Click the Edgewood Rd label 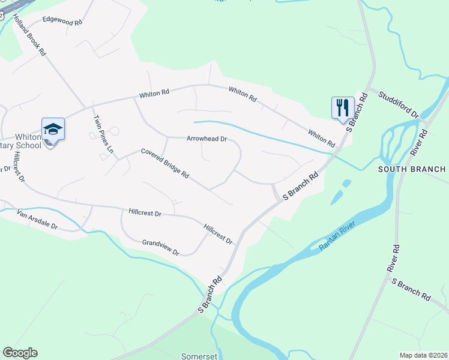click(x=61, y=22)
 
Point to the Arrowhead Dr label click(x=206, y=139)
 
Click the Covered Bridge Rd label click(x=165, y=164)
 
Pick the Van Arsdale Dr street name click(x=37, y=219)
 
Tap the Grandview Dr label click(x=160, y=247)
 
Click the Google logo click(x=20, y=353)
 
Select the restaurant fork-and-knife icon click(x=343, y=107)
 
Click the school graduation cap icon click(x=53, y=129)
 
